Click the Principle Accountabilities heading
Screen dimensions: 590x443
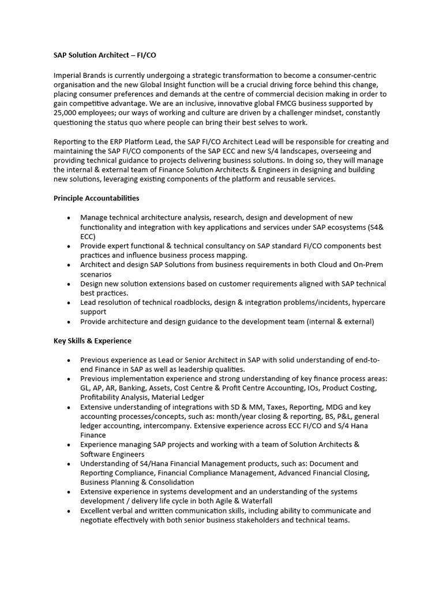tap(96, 198)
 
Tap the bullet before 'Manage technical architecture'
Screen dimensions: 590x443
tap(69, 218)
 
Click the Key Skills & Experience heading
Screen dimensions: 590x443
tap(92, 341)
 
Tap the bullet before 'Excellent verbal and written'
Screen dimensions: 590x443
tap(69, 511)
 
